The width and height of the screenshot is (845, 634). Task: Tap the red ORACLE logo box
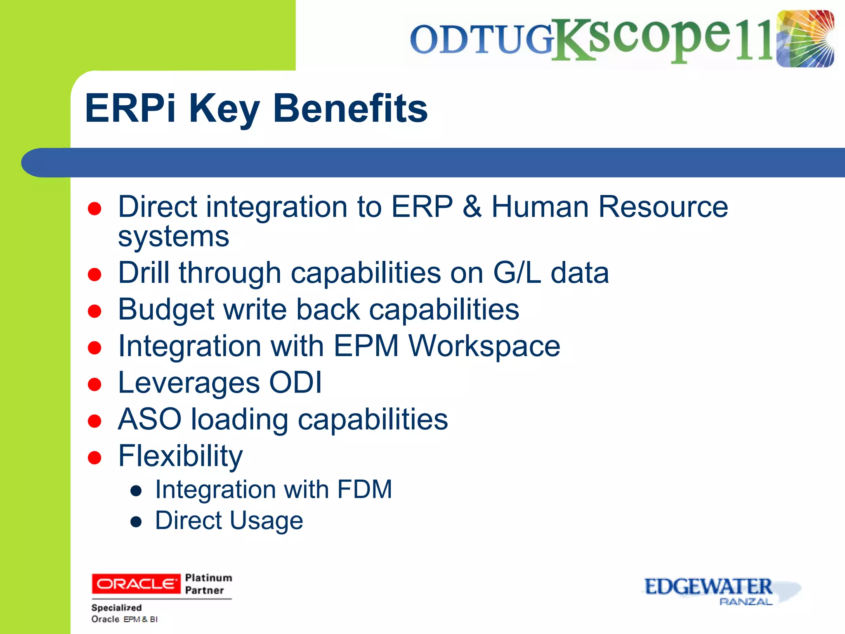click(136, 584)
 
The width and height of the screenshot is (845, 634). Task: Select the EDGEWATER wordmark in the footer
click(708, 586)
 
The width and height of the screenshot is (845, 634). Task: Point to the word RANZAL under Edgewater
click(746, 602)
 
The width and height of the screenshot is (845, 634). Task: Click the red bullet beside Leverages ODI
click(94, 384)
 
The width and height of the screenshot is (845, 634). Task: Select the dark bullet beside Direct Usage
click(136, 522)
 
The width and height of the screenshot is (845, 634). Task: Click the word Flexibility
click(180, 456)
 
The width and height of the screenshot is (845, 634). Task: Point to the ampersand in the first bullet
click(472, 206)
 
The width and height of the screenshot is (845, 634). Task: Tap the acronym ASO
click(149, 419)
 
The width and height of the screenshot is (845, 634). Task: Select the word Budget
click(166, 310)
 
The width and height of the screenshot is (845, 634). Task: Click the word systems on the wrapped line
click(173, 237)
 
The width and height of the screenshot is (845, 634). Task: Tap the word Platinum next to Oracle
click(208, 577)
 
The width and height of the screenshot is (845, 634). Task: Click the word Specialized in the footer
click(116, 608)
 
